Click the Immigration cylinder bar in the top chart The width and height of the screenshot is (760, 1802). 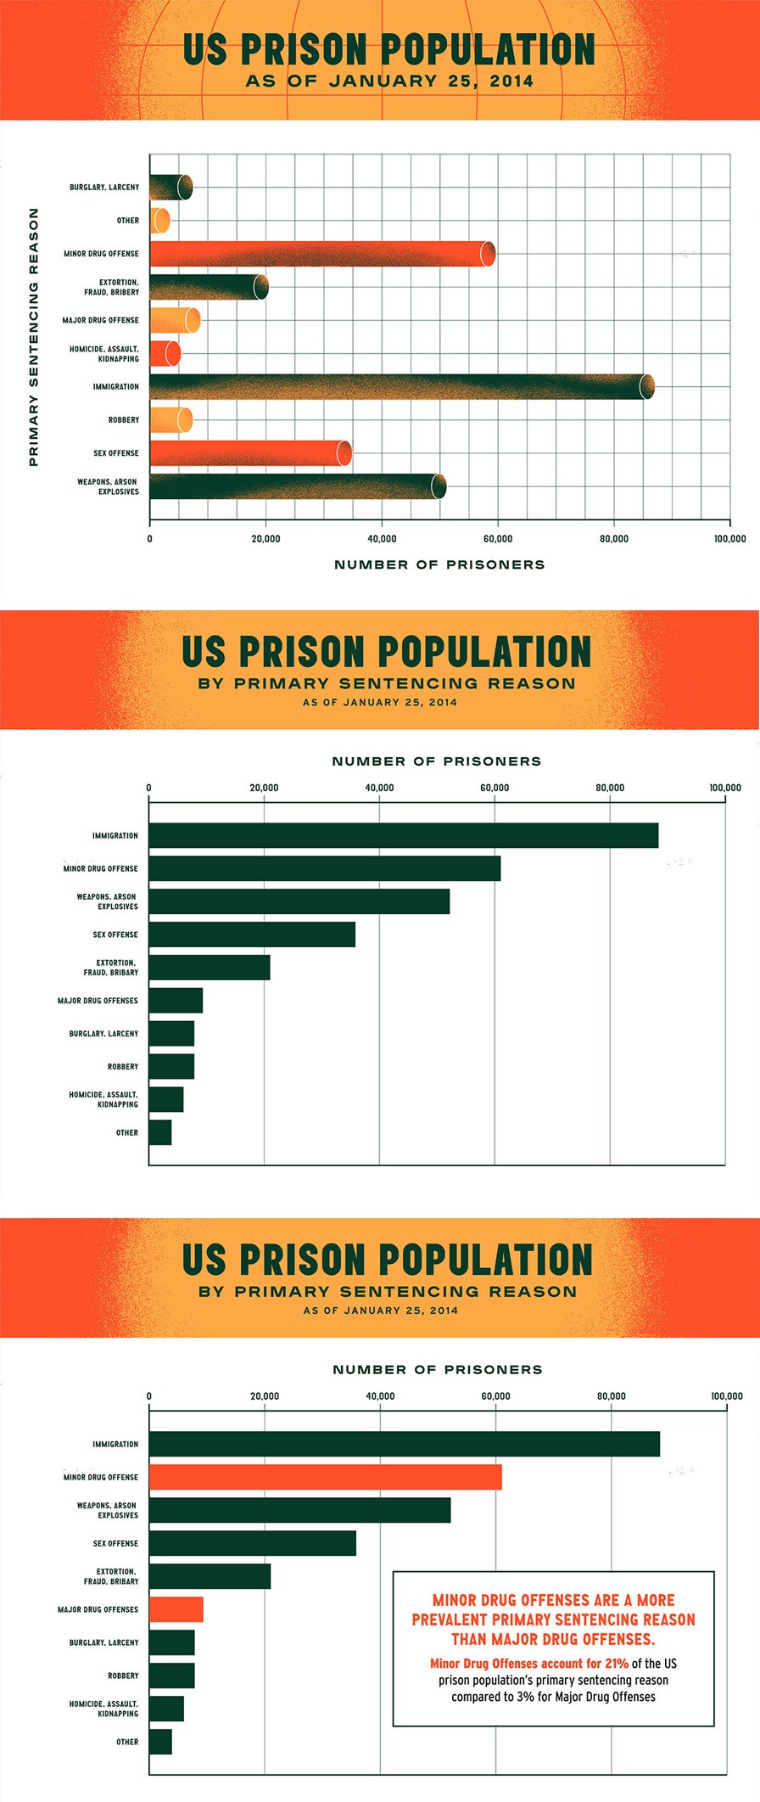point(399,387)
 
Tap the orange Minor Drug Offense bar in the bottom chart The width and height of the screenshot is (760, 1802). point(325,1477)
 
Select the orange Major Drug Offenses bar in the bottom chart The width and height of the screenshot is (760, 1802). point(176,1609)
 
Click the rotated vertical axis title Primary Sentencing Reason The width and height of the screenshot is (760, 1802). point(34,337)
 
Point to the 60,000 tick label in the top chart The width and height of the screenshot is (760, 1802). point(498,539)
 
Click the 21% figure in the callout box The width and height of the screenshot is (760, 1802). point(616,1664)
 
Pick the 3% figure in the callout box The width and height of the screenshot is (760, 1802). point(525,1697)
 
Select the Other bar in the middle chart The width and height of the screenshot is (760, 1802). point(160,1132)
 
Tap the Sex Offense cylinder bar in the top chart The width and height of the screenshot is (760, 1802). point(250,453)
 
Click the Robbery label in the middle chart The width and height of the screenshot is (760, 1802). point(123,1066)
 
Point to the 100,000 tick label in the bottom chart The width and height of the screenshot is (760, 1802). point(726,1396)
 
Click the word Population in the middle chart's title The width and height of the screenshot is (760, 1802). point(484,652)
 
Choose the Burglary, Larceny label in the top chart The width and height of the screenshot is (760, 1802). point(104,188)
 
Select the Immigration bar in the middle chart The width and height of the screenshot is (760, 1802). point(403,835)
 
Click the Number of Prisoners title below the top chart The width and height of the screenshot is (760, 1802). point(439,564)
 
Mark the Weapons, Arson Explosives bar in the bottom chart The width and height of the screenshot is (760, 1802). point(299,1510)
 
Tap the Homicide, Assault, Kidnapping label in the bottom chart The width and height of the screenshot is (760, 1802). point(103,1709)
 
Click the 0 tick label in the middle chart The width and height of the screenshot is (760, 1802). point(149,788)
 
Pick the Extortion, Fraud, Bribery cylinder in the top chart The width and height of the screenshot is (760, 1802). point(208,287)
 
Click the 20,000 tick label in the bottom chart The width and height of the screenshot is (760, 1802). point(265,1396)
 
